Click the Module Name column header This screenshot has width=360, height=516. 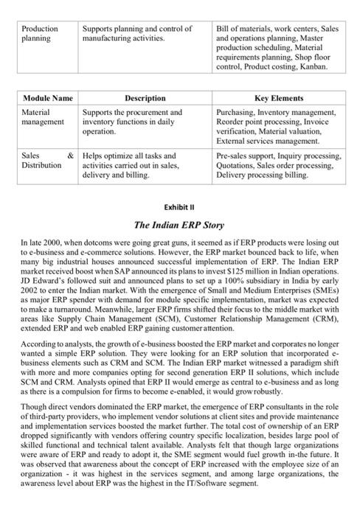point(47,98)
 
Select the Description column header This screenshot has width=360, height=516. point(145,98)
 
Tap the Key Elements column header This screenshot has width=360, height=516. point(278,98)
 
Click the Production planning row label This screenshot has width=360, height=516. point(41,33)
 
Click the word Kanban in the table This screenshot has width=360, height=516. point(311,66)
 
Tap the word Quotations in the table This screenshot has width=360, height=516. point(235,166)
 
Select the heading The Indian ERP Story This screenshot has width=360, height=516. point(180,223)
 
